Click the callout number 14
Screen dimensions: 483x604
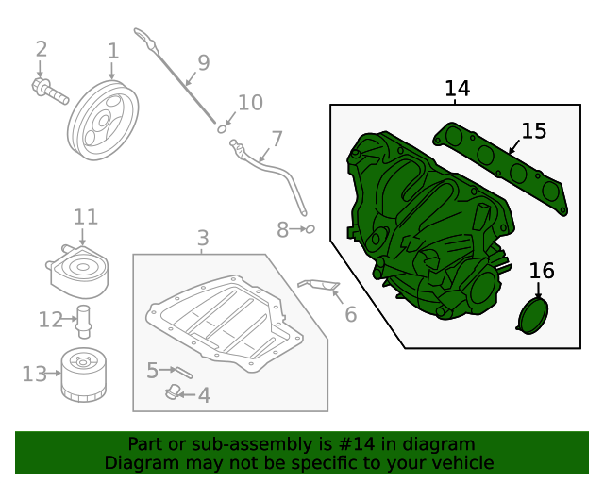457,89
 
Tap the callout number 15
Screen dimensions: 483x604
533,131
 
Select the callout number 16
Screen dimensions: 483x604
541,272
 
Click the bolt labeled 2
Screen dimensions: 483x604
50,91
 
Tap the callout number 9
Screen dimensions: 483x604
203,63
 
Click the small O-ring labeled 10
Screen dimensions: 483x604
223,127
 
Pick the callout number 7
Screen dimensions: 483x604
277,140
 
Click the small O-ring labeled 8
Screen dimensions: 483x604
309,228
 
